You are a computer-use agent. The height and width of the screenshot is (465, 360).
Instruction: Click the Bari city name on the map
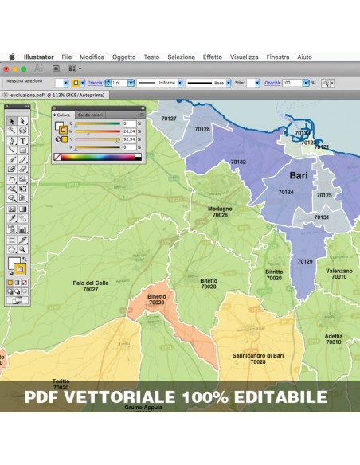click(299, 175)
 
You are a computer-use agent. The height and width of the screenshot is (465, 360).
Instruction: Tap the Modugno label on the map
click(220, 209)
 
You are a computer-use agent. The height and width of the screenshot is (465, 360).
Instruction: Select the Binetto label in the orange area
click(157, 296)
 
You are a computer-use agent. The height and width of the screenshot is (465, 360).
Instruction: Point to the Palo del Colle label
click(90, 283)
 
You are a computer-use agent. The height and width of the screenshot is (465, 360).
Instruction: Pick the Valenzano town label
click(338, 271)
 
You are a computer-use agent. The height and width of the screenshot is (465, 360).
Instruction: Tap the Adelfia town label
click(334, 336)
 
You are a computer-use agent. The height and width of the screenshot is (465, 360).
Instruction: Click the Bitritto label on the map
click(274, 272)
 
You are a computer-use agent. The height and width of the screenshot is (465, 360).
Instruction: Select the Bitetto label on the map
click(209, 280)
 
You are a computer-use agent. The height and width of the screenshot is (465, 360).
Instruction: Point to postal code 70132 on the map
click(238, 162)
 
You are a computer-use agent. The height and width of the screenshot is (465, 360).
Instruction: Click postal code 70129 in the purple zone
click(305, 261)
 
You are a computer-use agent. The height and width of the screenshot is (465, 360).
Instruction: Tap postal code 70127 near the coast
click(169, 119)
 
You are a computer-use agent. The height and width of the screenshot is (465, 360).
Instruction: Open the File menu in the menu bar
click(67, 57)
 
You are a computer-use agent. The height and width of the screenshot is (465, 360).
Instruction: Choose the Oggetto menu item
click(124, 57)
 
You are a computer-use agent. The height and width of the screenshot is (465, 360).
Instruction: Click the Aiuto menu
click(304, 57)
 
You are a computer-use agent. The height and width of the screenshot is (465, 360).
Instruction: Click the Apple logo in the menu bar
click(12, 57)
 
